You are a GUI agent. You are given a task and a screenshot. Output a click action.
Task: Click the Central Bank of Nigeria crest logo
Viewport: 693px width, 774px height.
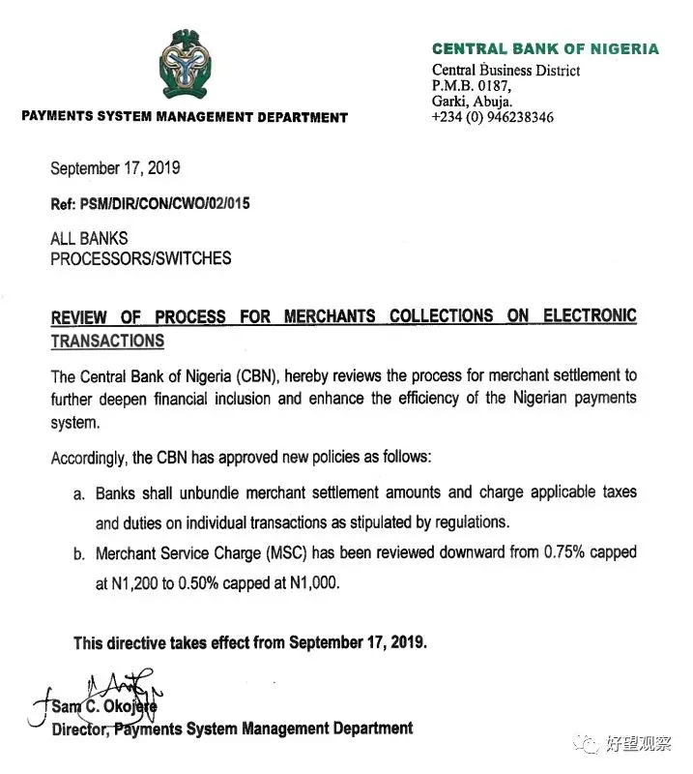185,66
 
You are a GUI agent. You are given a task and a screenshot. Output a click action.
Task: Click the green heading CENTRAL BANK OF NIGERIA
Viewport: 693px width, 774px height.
545,49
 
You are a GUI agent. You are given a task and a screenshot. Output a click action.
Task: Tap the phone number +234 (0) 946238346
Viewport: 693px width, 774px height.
493,117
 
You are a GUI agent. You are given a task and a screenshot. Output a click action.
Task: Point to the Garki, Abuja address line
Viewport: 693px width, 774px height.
472,101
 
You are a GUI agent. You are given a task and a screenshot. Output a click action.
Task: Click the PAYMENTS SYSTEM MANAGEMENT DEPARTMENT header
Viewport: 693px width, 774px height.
184,117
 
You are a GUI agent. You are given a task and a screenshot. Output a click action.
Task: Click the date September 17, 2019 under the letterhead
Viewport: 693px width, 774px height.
115,168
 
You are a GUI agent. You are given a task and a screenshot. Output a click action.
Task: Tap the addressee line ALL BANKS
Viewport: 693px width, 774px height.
89,238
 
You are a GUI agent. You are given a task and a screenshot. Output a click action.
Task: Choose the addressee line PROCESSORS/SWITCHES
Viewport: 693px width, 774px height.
141,258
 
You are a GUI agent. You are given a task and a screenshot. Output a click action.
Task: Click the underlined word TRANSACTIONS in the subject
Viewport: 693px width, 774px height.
107,341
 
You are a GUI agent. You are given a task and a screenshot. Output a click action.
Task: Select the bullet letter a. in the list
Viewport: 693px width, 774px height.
79,493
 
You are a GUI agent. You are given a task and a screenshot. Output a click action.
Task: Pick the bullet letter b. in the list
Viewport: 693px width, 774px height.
79,554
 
